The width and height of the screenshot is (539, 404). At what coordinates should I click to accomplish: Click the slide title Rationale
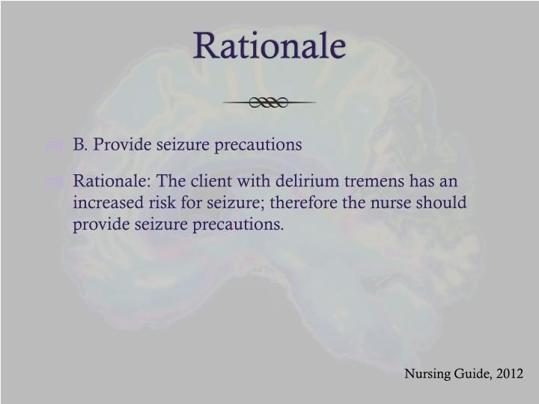[269, 46]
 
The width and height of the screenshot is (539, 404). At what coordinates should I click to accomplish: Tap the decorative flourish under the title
[269, 102]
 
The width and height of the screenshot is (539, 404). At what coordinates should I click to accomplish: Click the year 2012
[509, 373]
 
